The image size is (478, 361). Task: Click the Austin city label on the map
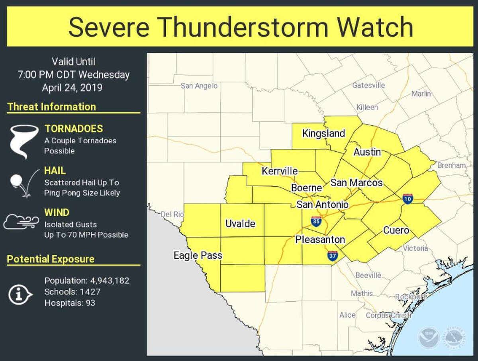367,152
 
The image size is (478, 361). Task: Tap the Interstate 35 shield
316,222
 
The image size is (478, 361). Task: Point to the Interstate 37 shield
333,256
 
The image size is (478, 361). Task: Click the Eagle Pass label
198,256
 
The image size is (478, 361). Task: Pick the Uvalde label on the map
240,224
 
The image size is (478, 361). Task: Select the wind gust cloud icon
22,222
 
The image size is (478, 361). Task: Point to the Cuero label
396,230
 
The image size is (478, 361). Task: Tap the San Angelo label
199,86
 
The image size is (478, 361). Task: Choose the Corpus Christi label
388,316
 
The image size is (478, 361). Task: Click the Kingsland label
323,133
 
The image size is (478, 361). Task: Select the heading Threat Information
52,107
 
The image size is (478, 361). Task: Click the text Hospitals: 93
70,303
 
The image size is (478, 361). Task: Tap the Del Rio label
172,214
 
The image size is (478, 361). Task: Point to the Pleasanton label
320,240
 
